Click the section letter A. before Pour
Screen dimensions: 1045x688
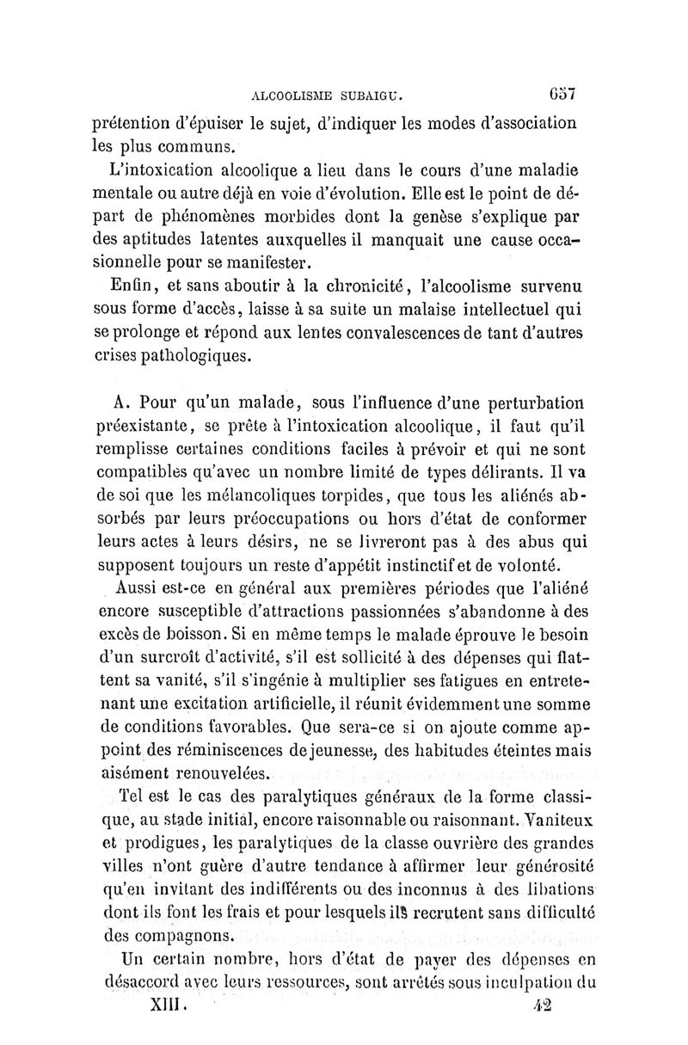click(122, 402)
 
